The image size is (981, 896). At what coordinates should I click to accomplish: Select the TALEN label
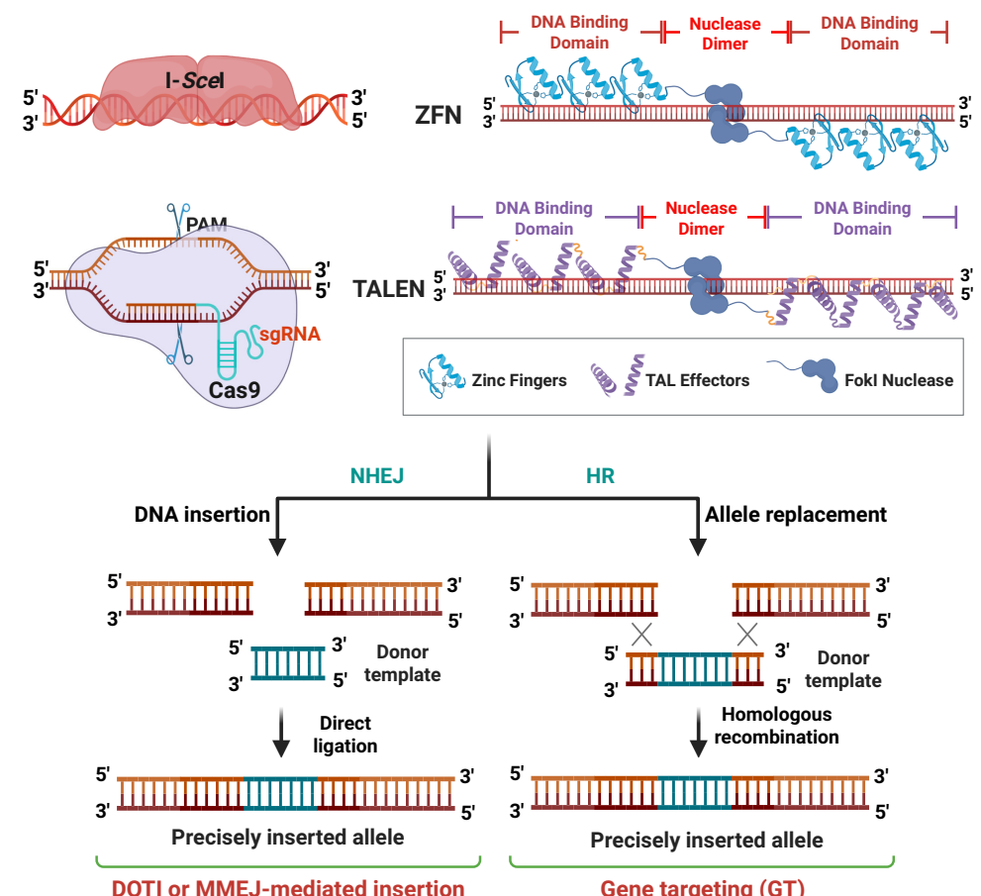(389, 289)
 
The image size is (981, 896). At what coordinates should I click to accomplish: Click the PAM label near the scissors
(206, 226)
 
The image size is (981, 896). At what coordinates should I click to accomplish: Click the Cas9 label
(235, 390)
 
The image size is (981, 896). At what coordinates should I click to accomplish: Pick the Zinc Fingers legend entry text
(520, 379)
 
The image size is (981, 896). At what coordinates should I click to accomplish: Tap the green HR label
(600, 476)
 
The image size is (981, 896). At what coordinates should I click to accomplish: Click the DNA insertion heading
(202, 515)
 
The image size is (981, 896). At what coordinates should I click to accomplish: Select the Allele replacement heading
(795, 515)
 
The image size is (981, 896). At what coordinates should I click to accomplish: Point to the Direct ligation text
(347, 734)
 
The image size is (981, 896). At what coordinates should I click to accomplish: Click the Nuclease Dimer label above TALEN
(701, 218)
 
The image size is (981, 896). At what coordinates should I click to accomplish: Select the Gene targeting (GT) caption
(702, 886)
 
